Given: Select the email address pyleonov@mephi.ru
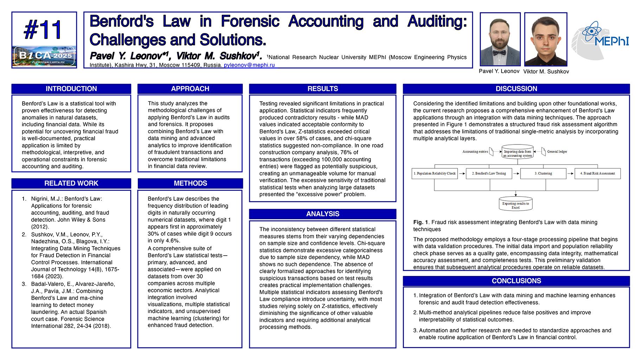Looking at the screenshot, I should pos(249,65).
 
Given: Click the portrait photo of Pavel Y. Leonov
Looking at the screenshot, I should pos(500,39).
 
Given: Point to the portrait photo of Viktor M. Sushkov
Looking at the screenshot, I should pos(545,39).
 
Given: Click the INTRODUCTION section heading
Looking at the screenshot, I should pos(71,89).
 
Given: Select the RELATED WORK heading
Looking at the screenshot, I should pos(71,184).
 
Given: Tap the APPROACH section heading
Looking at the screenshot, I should pos(190,89).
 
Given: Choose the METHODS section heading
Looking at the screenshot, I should pos(190,184).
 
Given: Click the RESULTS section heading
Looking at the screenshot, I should pos(323,89).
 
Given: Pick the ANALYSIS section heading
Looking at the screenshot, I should pos(323,214).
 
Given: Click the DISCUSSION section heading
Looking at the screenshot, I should pos(516,89).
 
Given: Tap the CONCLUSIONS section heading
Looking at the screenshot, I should pos(516,281).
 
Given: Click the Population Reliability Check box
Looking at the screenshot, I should pos(435,174).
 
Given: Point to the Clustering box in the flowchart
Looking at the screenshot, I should pos(543,174).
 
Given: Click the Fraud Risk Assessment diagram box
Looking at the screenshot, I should pos(597,174).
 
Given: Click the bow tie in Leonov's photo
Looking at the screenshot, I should pos(499,53).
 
